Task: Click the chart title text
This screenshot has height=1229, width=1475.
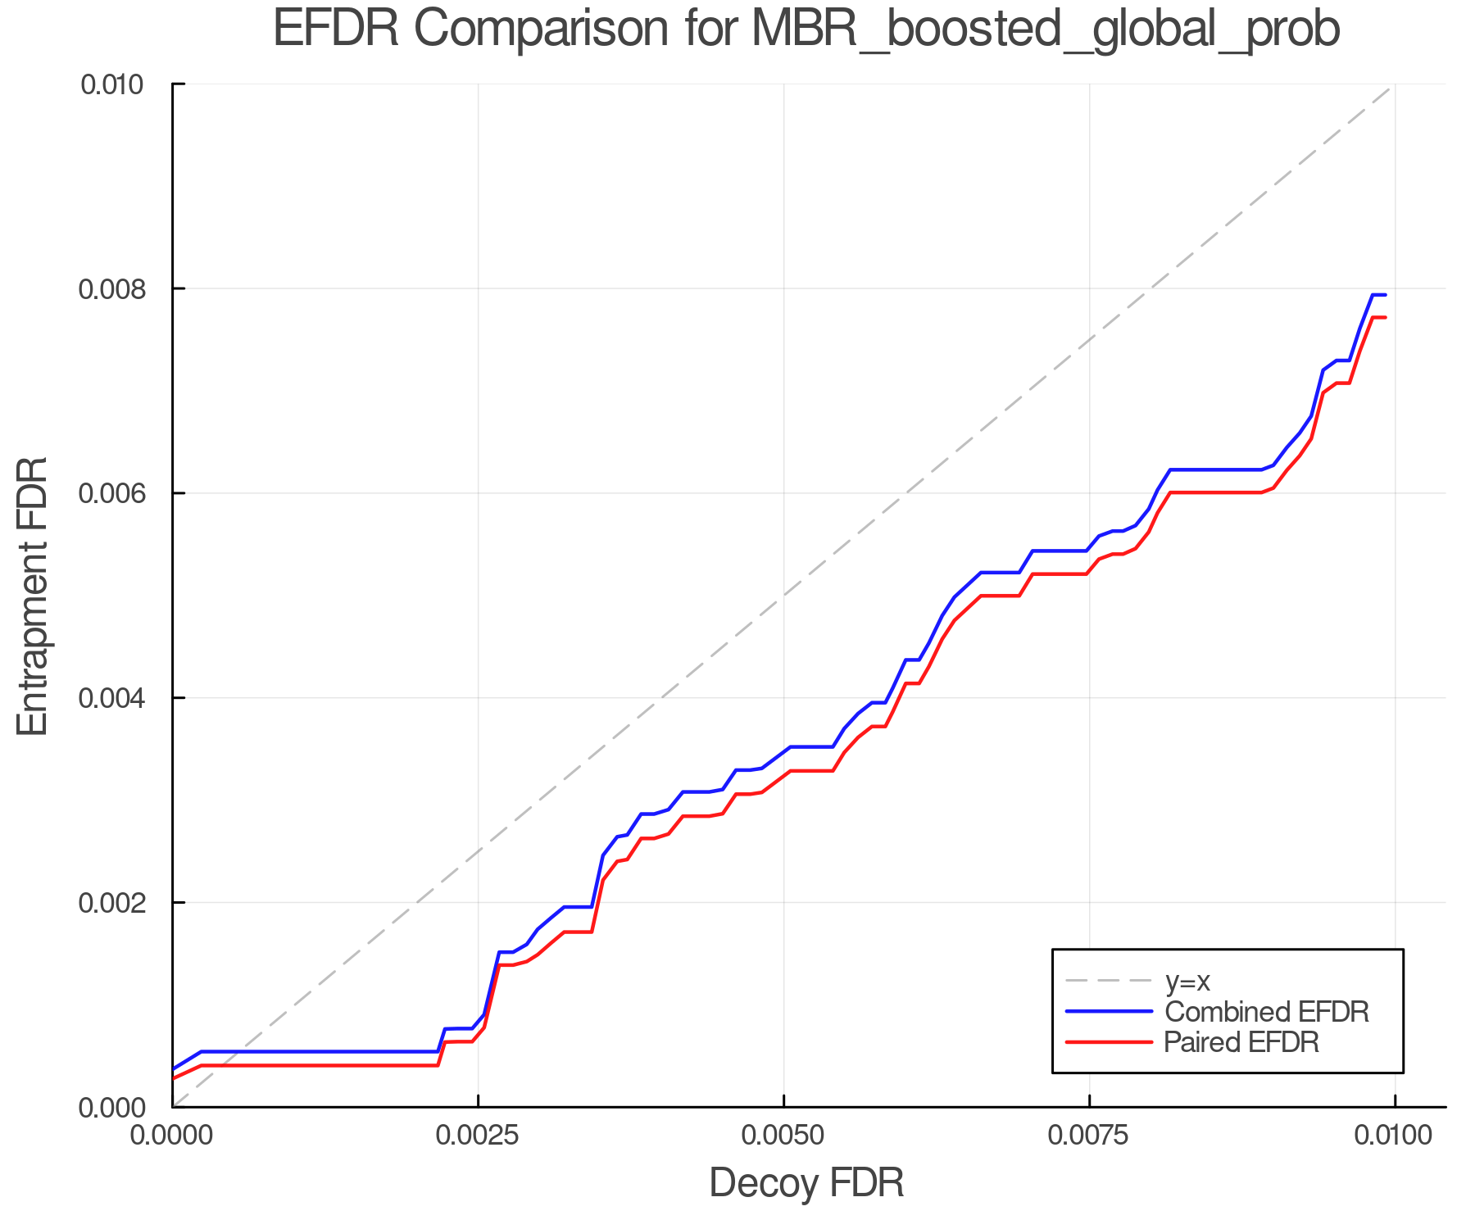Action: pos(806,29)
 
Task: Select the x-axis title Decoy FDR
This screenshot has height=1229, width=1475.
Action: pos(806,1182)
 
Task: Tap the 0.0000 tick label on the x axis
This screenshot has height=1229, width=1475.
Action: pos(173,1136)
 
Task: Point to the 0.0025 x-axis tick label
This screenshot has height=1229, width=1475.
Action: pos(478,1136)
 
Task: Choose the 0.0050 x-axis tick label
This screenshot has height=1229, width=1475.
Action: pos(784,1136)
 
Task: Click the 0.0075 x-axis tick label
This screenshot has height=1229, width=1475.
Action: pos(1089,1136)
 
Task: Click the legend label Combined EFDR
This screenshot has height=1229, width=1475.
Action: pos(1266,1012)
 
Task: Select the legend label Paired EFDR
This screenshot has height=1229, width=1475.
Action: pos(1241,1042)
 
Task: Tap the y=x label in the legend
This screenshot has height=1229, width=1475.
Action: pos(1187,981)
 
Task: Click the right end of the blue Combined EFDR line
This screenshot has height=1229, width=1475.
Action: pos(1385,295)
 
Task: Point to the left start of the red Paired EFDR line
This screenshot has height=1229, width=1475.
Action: pos(174,1078)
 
